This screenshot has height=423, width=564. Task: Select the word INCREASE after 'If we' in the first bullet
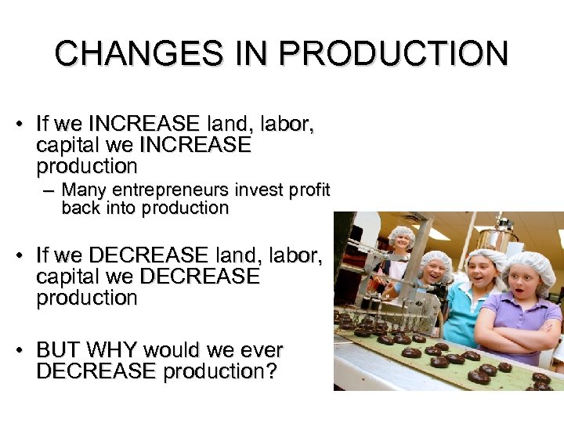[x=144, y=124]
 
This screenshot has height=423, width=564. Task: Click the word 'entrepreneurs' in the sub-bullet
[x=164, y=190]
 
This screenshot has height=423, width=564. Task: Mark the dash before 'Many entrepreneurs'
[x=51, y=190]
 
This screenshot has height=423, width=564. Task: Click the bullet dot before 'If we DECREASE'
[x=25, y=255]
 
